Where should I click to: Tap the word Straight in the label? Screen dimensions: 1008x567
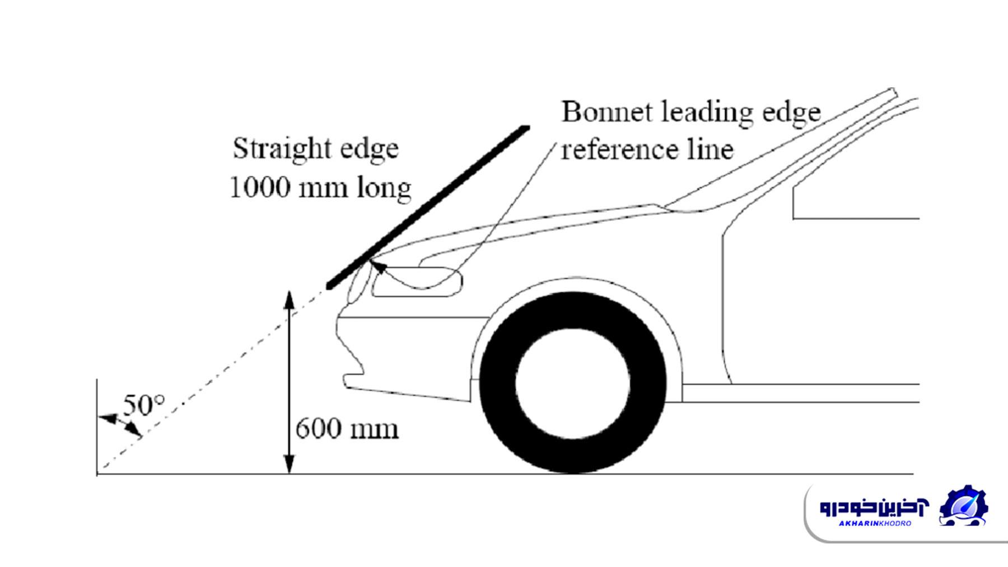(x=282, y=149)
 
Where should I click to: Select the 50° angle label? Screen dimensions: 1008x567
(x=144, y=405)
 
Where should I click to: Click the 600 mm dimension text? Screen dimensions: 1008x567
(x=347, y=429)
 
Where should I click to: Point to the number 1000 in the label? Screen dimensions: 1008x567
(x=260, y=187)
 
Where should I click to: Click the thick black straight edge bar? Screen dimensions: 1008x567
(x=428, y=207)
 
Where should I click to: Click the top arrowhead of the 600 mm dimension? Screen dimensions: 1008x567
(x=289, y=301)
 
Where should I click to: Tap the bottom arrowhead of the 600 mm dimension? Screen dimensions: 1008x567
(x=289, y=464)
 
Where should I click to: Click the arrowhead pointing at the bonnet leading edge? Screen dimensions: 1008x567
(x=379, y=265)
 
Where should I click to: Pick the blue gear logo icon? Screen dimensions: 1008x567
(x=963, y=505)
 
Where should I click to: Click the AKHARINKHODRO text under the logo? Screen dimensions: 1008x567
(x=875, y=523)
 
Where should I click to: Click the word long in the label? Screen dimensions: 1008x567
(x=384, y=189)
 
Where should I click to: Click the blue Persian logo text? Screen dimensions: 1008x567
(x=874, y=507)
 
